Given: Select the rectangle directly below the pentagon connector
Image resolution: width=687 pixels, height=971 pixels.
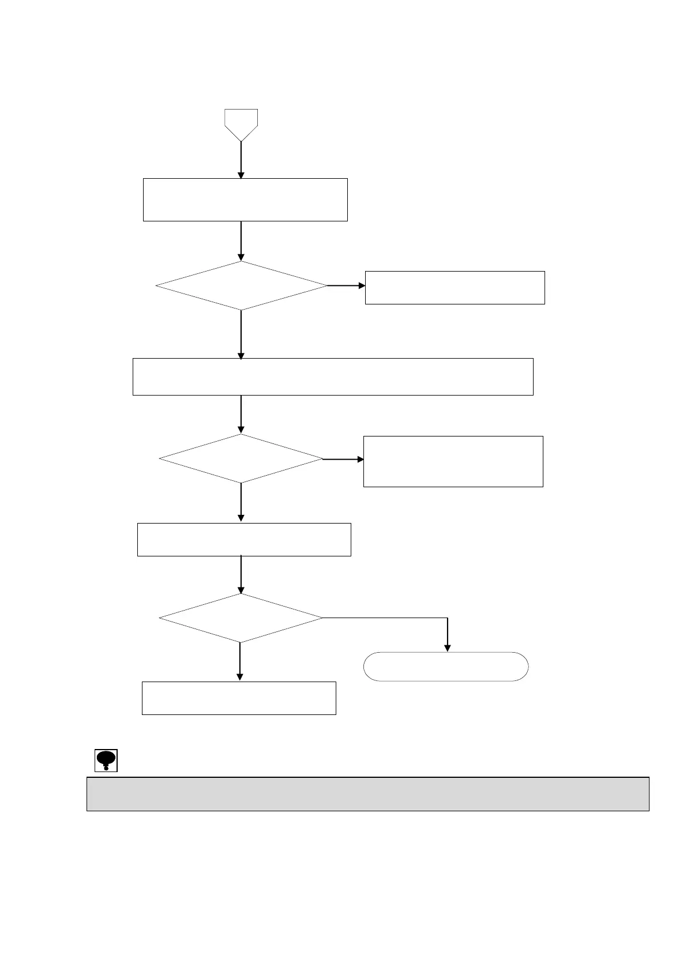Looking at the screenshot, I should coord(245,200).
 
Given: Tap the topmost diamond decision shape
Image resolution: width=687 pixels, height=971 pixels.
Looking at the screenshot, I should coord(241,286).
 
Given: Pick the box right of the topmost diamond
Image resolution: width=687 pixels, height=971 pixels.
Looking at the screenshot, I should coord(455,288).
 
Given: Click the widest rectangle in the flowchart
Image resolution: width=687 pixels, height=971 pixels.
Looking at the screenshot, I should coord(333,377).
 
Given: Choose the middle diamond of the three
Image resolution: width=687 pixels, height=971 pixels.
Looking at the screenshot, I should coord(241,459).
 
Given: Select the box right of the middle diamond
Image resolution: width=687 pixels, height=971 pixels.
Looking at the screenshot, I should coord(453,461).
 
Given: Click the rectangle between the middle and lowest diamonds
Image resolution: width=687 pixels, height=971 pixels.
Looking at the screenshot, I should coord(244,540).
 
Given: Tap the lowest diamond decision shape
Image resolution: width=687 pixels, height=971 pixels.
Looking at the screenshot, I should coord(241,618).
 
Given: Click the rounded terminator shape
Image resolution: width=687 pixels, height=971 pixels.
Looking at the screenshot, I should coord(446,667).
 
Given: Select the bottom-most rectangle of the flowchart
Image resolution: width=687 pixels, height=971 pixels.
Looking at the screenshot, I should coord(239,698).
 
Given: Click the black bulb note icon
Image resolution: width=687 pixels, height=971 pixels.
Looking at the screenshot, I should coord(106,761).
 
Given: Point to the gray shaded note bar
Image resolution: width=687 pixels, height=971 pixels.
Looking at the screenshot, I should coord(367,794).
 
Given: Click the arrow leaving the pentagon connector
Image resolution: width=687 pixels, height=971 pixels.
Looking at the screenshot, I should coord(241,160).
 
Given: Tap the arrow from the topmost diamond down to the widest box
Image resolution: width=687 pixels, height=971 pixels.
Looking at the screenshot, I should coord(241,334).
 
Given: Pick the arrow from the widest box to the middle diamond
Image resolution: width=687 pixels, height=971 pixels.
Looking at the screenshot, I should coord(241,414).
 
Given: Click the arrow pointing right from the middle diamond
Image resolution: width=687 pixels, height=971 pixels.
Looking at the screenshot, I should coord(343,460).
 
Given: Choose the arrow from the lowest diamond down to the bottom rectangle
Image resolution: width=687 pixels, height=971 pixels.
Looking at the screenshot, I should coord(240,662).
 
